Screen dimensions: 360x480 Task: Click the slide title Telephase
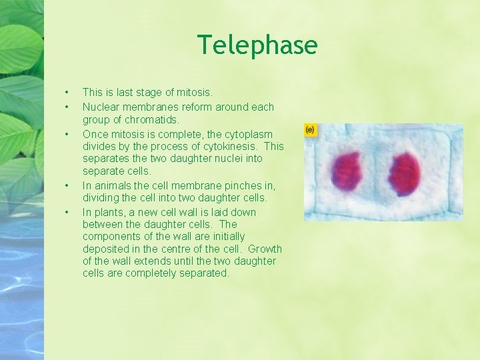(x=257, y=45)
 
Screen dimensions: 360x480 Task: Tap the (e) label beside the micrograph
(x=310, y=129)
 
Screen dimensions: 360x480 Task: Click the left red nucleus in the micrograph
(x=347, y=173)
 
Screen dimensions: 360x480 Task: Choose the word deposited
(x=106, y=249)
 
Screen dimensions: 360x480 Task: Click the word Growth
(x=265, y=249)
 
